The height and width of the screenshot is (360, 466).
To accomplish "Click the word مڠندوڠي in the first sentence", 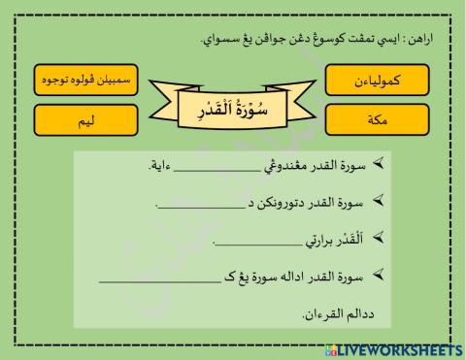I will tap(291, 168).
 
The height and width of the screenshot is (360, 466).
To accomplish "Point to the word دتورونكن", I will tap(283, 205).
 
